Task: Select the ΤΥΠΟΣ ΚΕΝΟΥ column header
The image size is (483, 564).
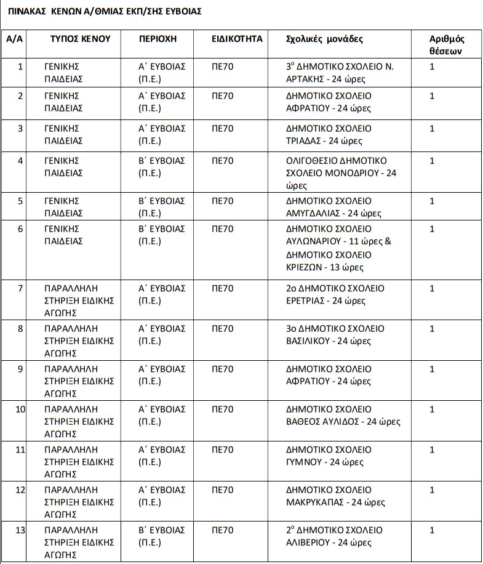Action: [x=80, y=39]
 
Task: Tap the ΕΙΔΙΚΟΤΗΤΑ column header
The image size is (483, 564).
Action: [x=236, y=39]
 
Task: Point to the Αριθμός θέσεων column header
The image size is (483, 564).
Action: [x=446, y=45]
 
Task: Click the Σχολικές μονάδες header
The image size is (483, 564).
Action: [x=325, y=39]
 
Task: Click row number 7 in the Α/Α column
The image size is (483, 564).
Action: [x=20, y=288]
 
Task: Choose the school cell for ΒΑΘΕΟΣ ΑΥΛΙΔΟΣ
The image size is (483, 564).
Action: [x=343, y=416]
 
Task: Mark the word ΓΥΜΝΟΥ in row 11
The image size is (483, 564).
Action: [x=305, y=461]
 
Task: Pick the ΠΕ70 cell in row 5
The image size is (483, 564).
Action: [x=222, y=201]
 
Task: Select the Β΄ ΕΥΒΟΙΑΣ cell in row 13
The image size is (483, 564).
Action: [x=161, y=536]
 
